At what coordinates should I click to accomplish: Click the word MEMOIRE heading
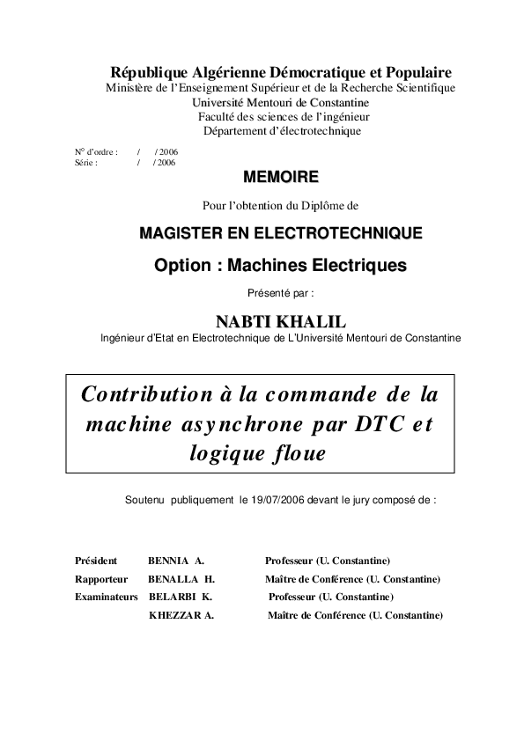coord(280,178)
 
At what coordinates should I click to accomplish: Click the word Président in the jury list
coord(96,561)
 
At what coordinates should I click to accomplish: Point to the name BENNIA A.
coord(176,561)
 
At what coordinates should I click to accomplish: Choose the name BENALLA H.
coord(181,579)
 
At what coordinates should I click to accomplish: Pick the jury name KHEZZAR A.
coord(181,615)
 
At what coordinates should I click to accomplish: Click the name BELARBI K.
coord(181,597)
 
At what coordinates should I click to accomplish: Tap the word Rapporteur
coord(101,579)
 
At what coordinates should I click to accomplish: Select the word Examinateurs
coord(107,597)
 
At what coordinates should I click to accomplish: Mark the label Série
coord(85,163)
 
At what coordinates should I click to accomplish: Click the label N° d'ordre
coord(95,152)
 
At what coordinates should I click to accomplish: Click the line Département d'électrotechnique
coord(282,131)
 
